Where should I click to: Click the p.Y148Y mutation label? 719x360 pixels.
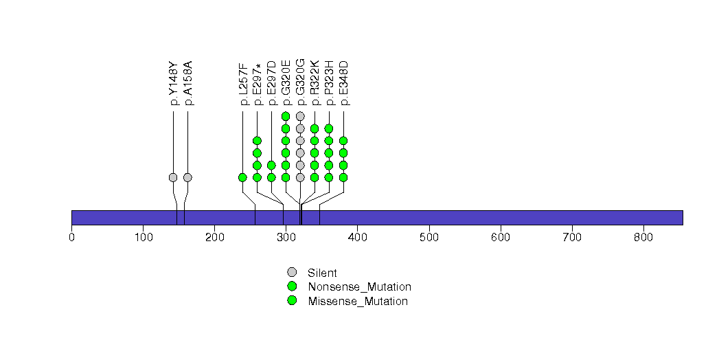pyautogui.click(x=174, y=83)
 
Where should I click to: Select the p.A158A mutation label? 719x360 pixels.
pyautogui.click(x=188, y=83)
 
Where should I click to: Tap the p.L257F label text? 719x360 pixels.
pyautogui.click(x=243, y=83)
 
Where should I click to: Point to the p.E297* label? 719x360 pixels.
pyautogui.click(x=258, y=83)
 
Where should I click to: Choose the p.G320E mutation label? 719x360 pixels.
pyautogui.click(x=286, y=82)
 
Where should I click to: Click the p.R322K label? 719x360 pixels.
pyautogui.click(x=315, y=82)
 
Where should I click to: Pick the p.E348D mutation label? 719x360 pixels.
pyautogui.click(x=343, y=82)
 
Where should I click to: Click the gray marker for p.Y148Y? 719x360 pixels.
pyautogui.click(x=173, y=177)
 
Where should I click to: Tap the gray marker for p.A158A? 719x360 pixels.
pyautogui.click(x=187, y=177)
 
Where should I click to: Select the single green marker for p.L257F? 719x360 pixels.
pyautogui.click(x=242, y=177)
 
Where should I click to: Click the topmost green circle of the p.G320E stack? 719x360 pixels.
pyautogui.click(x=286, y=116)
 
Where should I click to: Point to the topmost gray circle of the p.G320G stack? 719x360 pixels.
pyautogui.click(x=300, y=116)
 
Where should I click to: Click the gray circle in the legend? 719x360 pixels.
pyautogui.click(x=292, y=272)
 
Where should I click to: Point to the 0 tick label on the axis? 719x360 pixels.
pyautogui.click(x=71, y=238)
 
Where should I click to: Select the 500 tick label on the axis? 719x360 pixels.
pyautogui.click(x=429, y=238)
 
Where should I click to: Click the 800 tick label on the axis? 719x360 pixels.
pyautogui.click(x=643, y=238)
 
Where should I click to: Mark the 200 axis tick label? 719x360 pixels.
pyautogui.click(x=214, y=238)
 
